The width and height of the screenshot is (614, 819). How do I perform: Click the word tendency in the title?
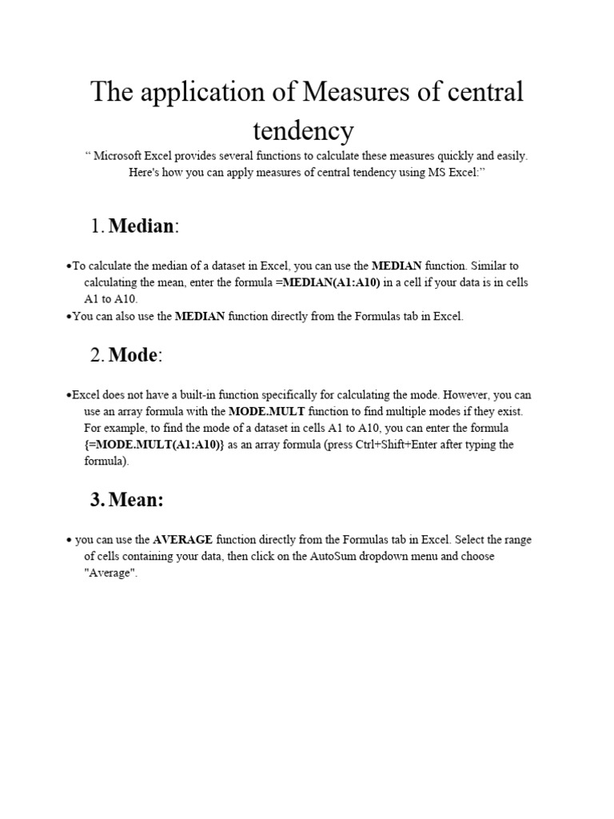click(303, 130)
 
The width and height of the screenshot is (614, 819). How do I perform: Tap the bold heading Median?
click(141, 226)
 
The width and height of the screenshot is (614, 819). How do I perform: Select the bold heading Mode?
click(134, 356)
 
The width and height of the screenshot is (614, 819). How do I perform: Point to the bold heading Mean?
click(136, 500)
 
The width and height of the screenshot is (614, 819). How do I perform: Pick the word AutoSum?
click(318, 557)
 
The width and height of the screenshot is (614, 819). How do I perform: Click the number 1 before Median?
click(97, 227)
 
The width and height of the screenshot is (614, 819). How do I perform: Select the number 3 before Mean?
click(97, 500)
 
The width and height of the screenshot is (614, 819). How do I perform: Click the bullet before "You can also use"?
click(69, 317)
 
